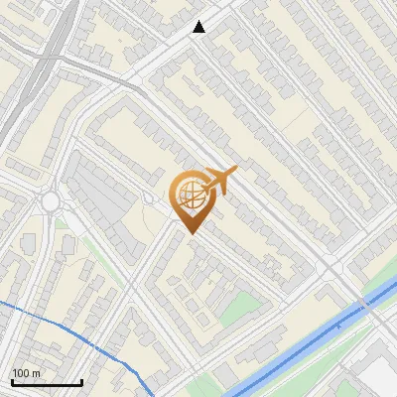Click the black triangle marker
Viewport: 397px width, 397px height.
(199, 27)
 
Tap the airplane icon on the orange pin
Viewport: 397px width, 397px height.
(219, 180)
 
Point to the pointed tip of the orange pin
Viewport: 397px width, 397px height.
(190, 233)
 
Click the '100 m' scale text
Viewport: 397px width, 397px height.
(26, 373)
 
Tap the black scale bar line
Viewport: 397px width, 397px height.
(47, 382)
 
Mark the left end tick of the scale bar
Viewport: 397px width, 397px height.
(12, 380)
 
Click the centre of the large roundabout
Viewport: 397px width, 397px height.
(50, 202)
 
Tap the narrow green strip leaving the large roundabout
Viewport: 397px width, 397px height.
(94, 248)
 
